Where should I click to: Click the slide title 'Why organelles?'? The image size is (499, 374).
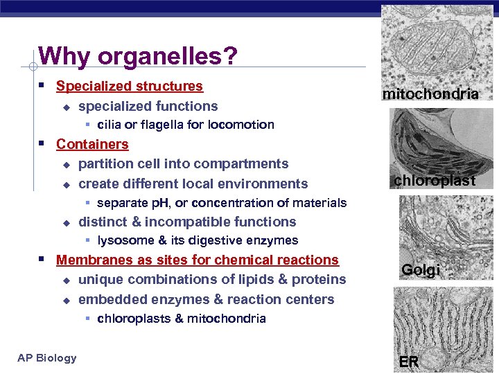139,55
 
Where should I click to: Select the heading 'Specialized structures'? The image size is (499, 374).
129,87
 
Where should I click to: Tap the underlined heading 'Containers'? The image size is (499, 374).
92,144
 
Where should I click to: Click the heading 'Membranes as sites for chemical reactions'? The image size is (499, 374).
197,260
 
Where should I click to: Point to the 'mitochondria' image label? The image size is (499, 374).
430,93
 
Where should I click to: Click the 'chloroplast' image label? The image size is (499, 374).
435,181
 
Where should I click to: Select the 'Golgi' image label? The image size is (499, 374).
420,270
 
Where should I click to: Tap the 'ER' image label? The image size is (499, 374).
408,361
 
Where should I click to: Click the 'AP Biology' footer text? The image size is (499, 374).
47,358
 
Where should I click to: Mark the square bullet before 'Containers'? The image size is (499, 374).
43,144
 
